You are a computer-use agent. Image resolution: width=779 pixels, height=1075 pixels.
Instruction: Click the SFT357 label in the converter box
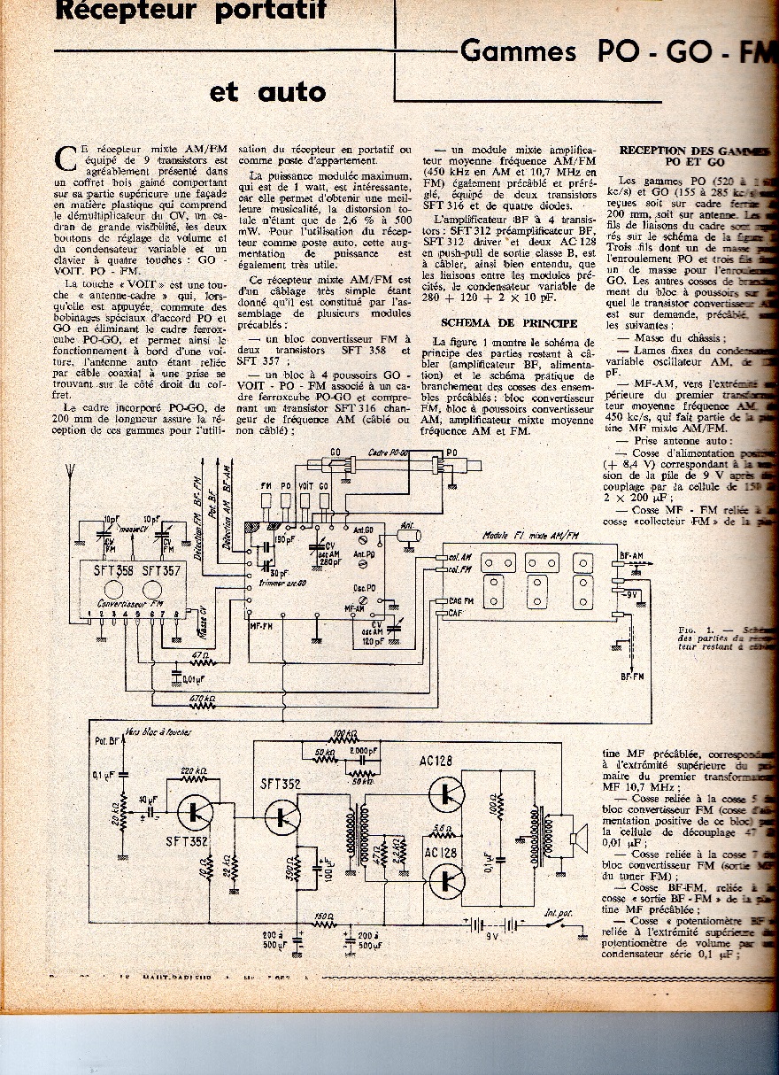(159, 572)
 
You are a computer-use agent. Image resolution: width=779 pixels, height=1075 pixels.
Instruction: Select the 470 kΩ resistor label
(203, 699)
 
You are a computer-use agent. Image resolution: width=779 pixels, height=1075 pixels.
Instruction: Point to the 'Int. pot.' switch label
(559, 913)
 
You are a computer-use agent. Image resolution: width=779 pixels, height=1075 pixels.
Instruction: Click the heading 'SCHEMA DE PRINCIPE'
(497, 323)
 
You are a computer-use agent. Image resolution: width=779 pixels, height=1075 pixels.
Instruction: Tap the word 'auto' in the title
(292, 91)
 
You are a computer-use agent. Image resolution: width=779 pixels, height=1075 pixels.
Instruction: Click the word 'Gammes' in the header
(519, 51)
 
